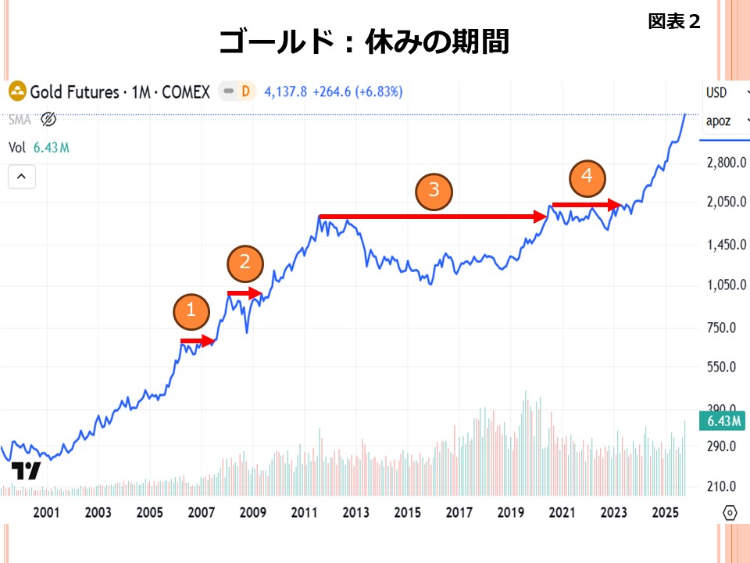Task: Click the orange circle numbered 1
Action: pyautogui.click(x=191, y=313)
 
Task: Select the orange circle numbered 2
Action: pyautogui.click(x=245, y=263)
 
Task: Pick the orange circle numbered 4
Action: pyautogui.click(x=587, y=178)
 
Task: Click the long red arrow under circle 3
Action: pyautogui.click(x=434, y=216)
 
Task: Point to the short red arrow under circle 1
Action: pyautogui.click(x=198, y=341)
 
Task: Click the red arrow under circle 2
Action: pyautogui.click(x=245, y=293)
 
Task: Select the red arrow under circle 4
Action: pyautogui.click(x=587, y=205)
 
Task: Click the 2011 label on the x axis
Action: pyautogui.click(x=304, y=513)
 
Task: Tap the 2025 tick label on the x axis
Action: pyautogui.click(x=664, y=513)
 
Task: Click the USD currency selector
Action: pyautogui.click(x=716, y=92)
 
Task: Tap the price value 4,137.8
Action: pyautogui.click(x=286, y=91)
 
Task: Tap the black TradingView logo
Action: pyautogui.click(x=25, y=471)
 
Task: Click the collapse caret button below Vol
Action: pyautogui.click(x=22, y=177)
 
